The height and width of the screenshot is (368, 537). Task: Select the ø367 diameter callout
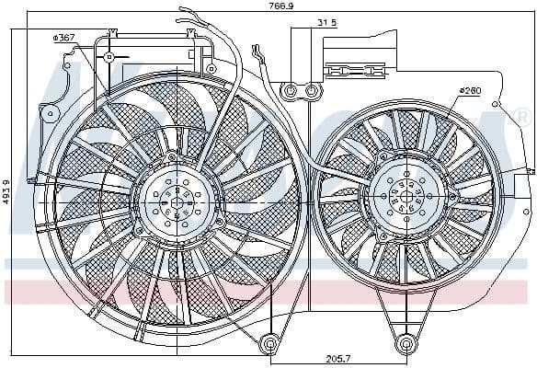point(64,37)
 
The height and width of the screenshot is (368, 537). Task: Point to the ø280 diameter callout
point(471,91)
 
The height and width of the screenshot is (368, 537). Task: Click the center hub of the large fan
point(175,200)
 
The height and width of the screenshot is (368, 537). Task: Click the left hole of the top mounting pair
point(291,91)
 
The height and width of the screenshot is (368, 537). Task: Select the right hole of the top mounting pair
point(314,91)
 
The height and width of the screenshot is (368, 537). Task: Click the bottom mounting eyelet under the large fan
point(270,344)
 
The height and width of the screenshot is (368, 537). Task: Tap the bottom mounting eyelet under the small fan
point(406,345)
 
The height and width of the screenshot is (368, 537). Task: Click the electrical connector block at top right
point(355,70)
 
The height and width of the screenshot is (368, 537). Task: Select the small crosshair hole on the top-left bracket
point(109,57)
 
